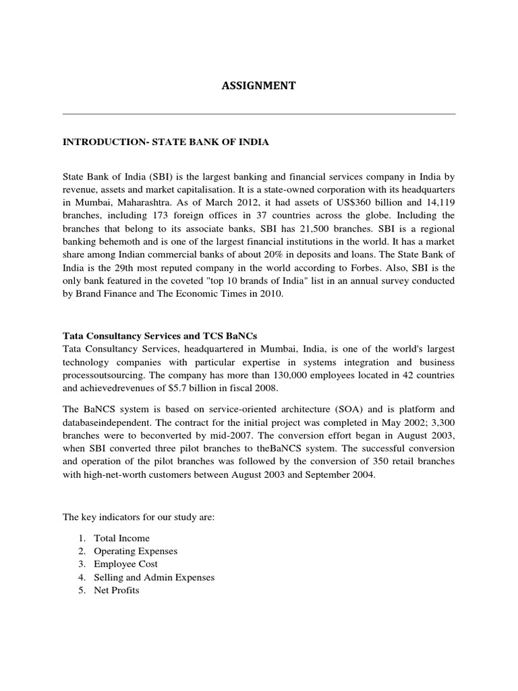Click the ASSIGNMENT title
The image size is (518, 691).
[x=259, y=86]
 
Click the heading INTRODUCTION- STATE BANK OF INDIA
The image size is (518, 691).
[x=166, y=142]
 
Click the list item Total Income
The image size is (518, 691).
[x=122, y=538]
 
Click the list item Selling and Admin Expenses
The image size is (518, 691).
[x=154, y=577]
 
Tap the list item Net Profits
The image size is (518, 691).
[x=117, y=590]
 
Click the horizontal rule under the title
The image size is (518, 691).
[x=259, y=113]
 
